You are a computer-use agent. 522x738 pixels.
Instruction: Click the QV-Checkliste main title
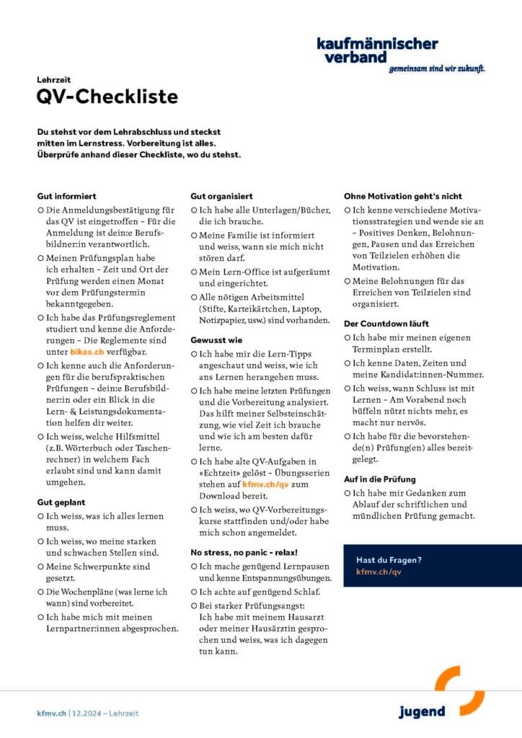107,97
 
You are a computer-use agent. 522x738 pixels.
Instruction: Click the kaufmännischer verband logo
376,50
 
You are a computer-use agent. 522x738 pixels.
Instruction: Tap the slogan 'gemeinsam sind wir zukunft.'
436,69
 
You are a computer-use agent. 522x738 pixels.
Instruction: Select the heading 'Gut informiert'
66,196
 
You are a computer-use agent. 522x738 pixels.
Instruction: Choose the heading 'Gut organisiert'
221,196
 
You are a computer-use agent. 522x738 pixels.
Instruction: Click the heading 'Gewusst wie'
216,339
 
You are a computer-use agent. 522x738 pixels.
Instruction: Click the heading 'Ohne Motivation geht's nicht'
402,196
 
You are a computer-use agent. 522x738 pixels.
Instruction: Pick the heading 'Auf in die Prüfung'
380,478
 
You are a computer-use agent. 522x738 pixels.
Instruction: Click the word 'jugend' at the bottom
422,712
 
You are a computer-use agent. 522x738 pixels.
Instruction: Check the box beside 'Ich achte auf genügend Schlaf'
194,592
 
